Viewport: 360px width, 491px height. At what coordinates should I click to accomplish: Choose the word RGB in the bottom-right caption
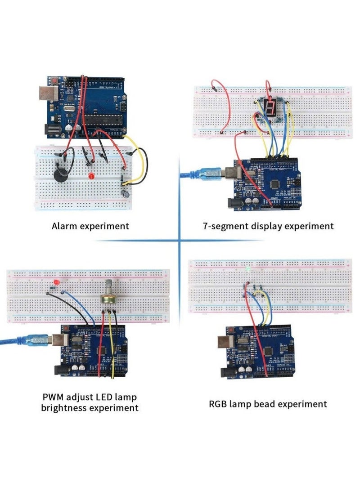pos(220,404)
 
